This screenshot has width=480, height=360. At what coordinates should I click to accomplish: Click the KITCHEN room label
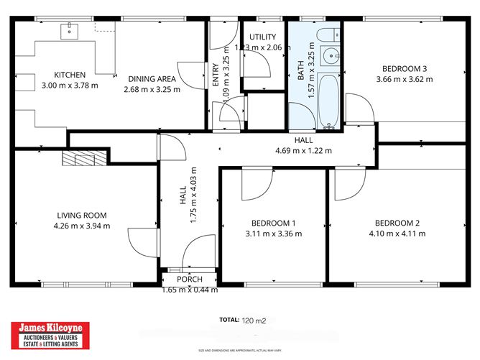pyautogui.click(x=70, y=75)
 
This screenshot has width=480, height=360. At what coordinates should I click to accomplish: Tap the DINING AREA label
pyautogui.click(x=151, y=79)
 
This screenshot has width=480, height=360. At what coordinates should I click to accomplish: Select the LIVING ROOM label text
pyautogui.click(x=82, y=215)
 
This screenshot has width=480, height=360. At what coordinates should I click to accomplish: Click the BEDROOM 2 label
pyautogui.click(x=397, y=222)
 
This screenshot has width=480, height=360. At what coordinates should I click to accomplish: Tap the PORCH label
pyautogui.click(x=189, y=280)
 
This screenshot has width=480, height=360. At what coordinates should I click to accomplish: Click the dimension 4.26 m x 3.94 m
pyautogui.click(x=82, y=226)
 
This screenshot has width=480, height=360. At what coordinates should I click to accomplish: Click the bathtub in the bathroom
pyautogui.click(x=329, y=100)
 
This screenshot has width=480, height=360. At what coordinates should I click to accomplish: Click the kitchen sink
pyautogui.click(x=70, y=30)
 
